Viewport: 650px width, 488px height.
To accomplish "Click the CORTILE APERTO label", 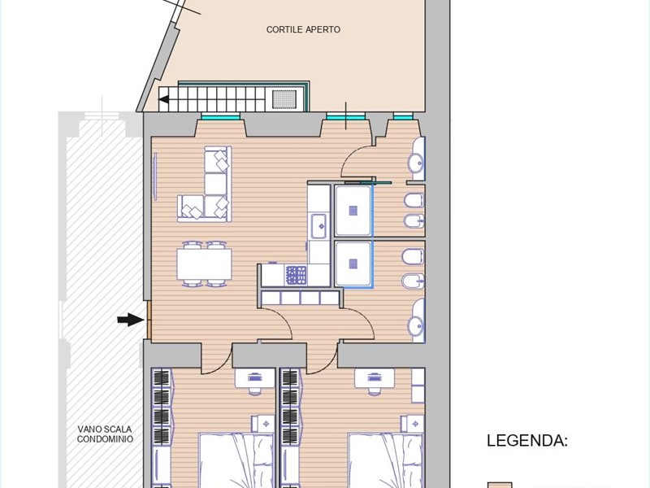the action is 303,29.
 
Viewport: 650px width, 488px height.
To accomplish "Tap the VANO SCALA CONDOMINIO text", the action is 105,434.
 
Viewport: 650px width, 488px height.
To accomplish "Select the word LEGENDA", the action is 526,440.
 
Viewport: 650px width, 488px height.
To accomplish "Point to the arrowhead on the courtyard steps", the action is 164,99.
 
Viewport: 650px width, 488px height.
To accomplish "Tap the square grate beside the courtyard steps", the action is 284,98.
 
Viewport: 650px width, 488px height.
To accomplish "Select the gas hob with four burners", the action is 297,276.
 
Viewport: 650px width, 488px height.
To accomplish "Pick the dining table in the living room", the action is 204,264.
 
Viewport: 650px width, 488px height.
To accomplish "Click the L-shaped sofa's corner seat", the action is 216,207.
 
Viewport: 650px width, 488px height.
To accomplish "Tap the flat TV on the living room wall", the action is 155,176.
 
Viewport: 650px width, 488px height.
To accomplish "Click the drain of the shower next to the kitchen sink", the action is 353,211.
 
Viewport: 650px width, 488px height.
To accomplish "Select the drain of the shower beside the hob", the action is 353,263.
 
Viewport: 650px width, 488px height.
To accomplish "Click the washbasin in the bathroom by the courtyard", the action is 416,163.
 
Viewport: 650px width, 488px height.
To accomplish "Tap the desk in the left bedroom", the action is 255,378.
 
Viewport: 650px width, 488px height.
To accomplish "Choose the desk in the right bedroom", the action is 375,378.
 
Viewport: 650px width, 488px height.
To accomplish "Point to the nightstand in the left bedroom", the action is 262,424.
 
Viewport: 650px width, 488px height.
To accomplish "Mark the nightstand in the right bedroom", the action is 412,424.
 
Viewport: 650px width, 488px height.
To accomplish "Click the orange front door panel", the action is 149,320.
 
